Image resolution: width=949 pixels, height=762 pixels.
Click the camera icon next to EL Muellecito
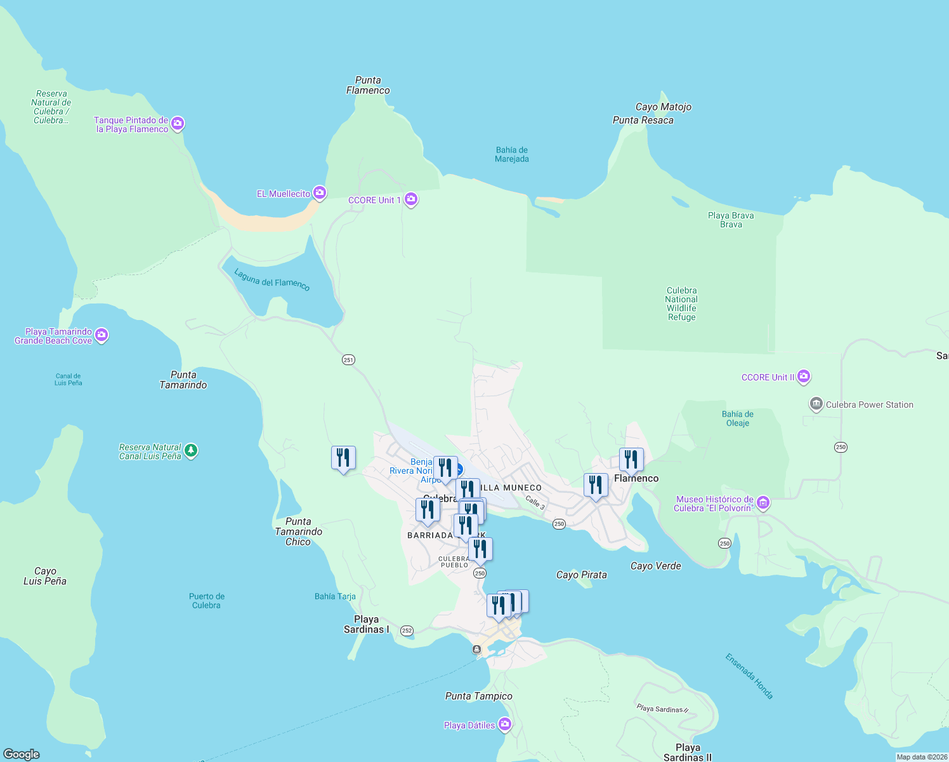click(320, 193)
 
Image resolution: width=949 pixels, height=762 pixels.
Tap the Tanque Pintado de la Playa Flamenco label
click(131, 124)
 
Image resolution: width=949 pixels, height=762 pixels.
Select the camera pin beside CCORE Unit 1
click(411, 199)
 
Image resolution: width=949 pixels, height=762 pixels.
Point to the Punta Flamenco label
click(368, 85)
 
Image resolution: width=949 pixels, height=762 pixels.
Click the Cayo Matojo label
click(664, 107)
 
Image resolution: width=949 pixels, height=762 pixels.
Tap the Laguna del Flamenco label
click(272, 279)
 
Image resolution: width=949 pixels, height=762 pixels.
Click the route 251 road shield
click(348, 360)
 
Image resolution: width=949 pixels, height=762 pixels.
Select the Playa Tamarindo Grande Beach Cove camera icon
click(101, 335)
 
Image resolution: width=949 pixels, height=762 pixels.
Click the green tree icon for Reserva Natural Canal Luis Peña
click(191, 451)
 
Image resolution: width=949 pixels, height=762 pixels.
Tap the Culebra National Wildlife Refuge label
click(681, 304)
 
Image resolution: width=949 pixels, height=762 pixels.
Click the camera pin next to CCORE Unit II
click(804, 377)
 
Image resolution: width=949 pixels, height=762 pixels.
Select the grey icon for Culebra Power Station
click(816, 404)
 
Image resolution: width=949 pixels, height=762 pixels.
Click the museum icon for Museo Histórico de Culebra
click(763, 503)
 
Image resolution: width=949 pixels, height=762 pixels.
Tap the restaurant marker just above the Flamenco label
click(631, 460)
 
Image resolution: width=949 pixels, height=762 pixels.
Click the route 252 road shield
click(407, 631)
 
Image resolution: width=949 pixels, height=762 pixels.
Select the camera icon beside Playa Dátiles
click(505, 724)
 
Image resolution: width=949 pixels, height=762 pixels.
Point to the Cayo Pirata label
click(581, 575)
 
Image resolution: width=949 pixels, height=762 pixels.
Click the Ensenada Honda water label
click(749, 676)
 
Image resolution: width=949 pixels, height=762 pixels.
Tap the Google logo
click(22, 754)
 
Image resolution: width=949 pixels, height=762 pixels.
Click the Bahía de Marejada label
click(512, 154)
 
